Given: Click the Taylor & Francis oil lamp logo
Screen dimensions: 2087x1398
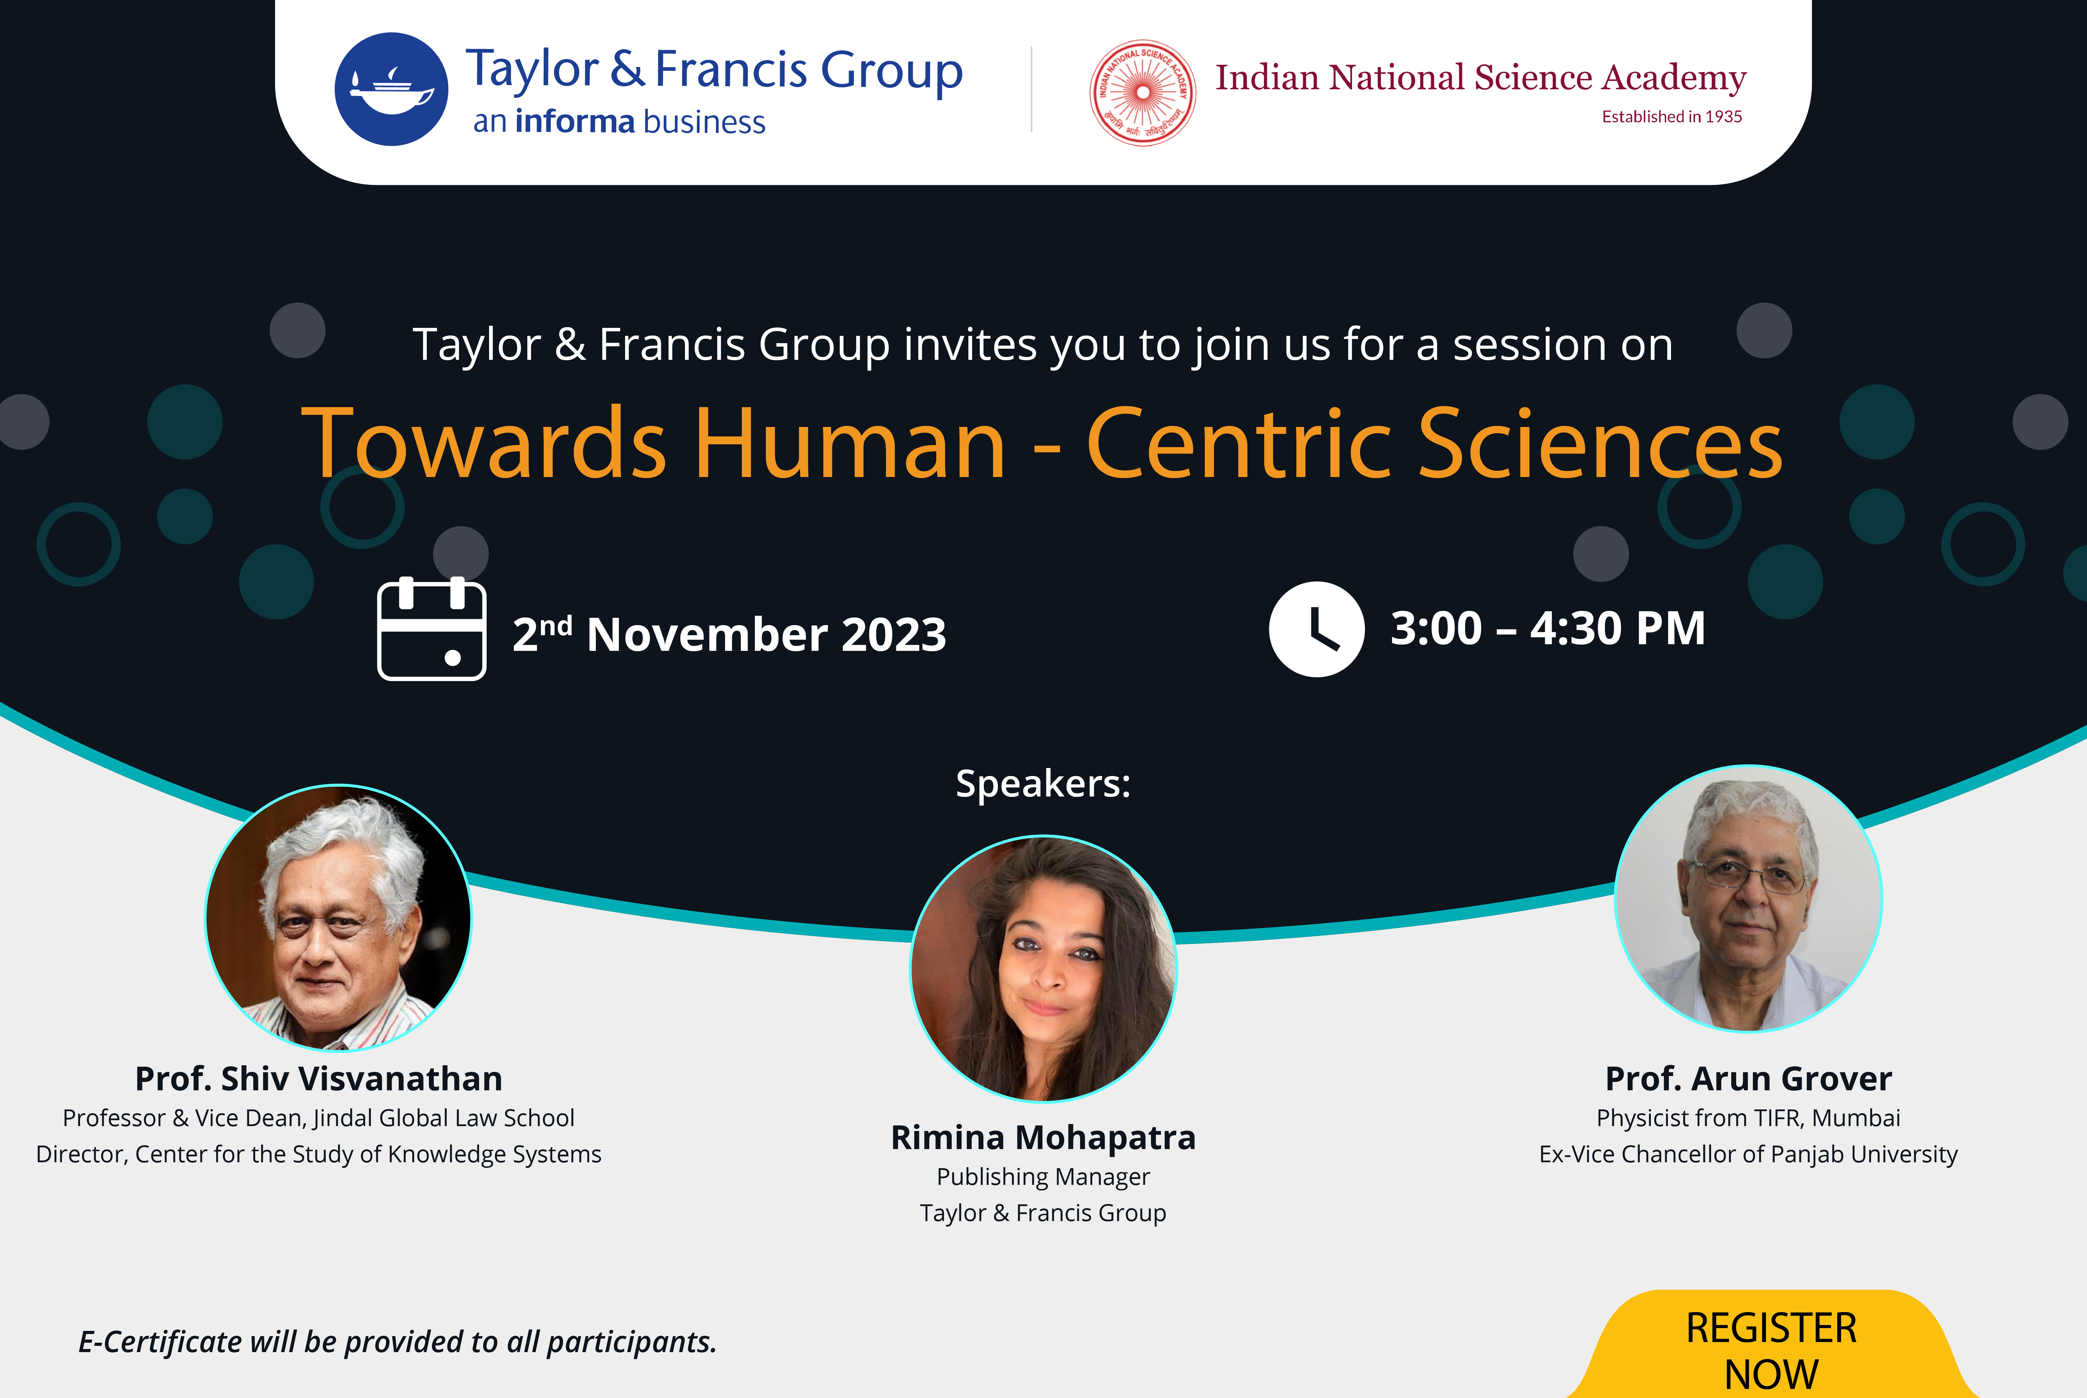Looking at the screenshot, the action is [392, 89].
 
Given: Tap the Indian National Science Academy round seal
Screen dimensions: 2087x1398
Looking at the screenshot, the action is [1143, 93].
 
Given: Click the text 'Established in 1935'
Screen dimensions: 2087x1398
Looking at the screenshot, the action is [1671, 117].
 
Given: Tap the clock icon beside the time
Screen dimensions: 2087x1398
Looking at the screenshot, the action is [1317, 629].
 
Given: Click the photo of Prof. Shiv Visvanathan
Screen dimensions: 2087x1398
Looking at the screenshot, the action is [338, 918].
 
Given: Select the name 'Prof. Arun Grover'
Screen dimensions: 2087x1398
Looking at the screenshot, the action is [1748, 1079].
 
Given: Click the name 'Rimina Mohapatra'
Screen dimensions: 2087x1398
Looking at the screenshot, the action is [1043, 1138].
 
